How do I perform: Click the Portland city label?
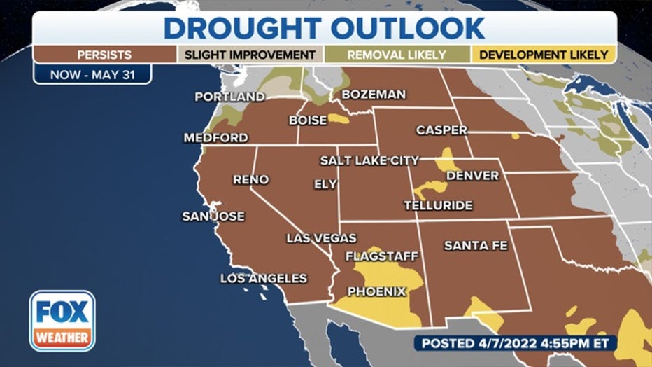pos(229,97)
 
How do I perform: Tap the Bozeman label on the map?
pos(373,94)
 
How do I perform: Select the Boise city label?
pos(308,120)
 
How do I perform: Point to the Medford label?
pos(215,138)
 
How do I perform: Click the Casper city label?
pos(441,130)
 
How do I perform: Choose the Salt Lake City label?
pos(369,160)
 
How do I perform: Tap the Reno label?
pos(250,180)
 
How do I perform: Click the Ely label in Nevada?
pos(325,184)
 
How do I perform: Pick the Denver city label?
pos(472,175)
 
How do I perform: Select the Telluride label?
pos(438,205)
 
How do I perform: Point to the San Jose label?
pos(213,216)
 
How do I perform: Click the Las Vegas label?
pos(321,238)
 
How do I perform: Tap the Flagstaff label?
pos(381,256)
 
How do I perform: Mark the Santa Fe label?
pos(475,246)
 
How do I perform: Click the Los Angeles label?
pos(263,278)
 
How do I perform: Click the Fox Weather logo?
pos(62,321)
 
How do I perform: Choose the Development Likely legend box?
pos(543,55)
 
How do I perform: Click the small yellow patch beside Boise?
pos(339,119)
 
